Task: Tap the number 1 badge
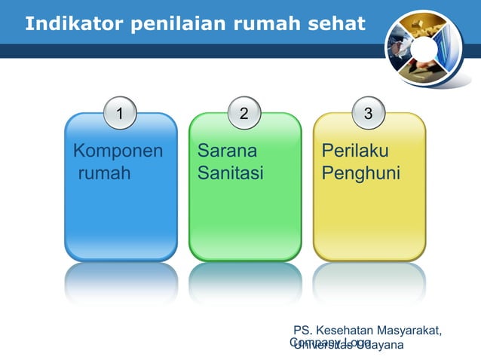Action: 119,114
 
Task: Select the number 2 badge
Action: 244,114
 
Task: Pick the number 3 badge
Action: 368,114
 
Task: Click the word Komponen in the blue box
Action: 118,151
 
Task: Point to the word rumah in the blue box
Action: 104,174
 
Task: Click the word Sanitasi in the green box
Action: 230,174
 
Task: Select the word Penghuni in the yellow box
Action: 360,174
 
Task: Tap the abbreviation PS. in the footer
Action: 303,331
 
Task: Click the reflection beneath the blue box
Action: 121,282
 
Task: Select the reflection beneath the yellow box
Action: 369,282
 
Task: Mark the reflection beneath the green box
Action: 245,282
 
